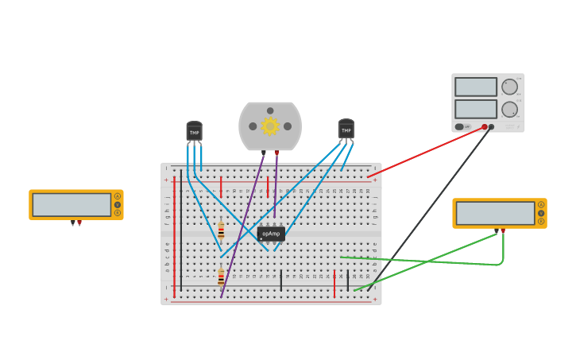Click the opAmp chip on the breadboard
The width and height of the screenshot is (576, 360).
271,234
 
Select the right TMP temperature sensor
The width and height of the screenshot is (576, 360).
346,130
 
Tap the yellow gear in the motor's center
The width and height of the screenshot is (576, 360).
270,126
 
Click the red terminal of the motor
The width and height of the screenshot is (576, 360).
276,153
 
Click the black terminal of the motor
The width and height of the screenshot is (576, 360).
264,153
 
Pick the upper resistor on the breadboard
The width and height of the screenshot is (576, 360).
221,231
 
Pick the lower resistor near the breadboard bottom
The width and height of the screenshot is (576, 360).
221,277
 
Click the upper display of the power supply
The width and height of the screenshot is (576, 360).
476,87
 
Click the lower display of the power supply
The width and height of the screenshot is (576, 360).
476,109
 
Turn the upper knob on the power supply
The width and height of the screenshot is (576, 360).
509,87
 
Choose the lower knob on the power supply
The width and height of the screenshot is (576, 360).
509,109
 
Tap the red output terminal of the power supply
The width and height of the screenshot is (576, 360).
485,126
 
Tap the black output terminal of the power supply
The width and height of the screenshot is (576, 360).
492,126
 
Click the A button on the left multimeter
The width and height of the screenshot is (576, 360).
118,196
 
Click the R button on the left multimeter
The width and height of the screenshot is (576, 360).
118,213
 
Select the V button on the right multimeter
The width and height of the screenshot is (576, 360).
541,213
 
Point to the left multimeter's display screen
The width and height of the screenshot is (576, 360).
72,204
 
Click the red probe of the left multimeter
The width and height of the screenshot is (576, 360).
79,223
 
